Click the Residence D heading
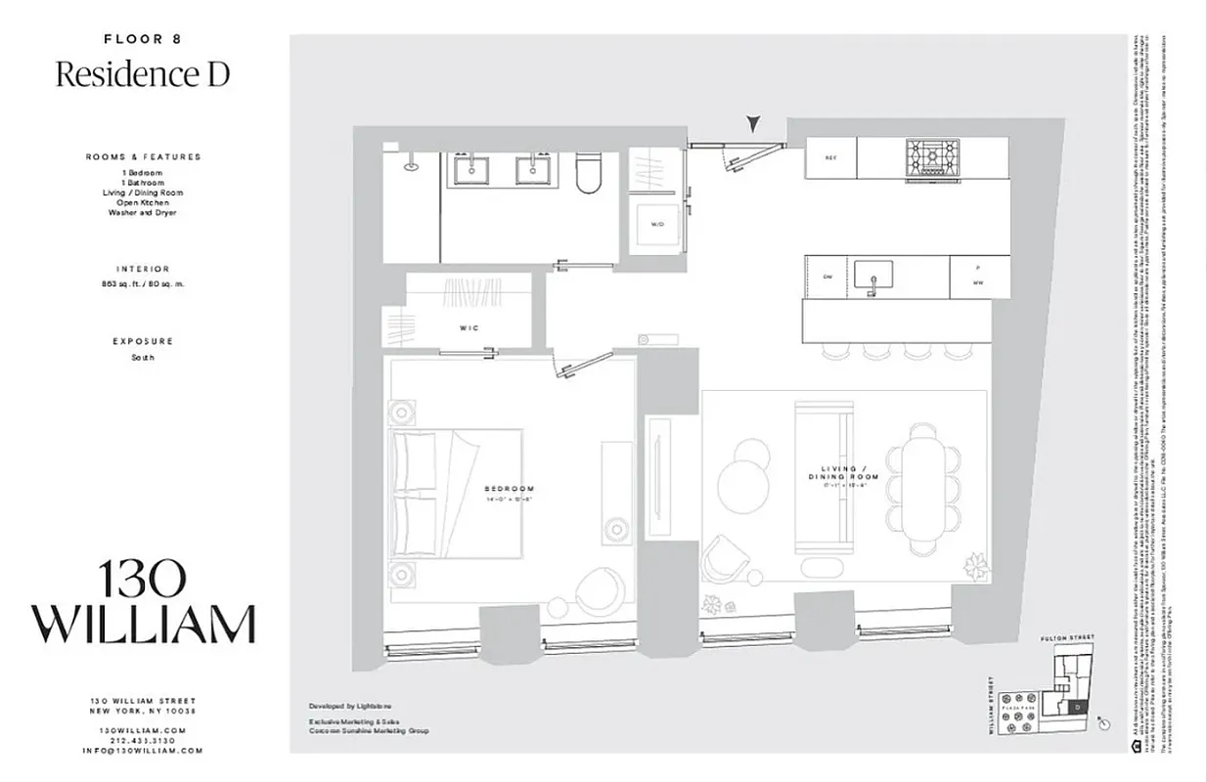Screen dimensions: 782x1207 click(143, 74)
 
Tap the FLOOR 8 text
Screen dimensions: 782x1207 click(143, 39)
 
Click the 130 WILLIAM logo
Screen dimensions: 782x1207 click(143, 602)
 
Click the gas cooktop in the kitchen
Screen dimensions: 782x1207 click(932, 157)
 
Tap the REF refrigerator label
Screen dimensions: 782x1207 click(830, 157)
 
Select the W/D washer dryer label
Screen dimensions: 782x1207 click(657, 225)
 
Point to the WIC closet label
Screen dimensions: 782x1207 click(468, 328)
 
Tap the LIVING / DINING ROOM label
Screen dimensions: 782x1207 click(843, 473)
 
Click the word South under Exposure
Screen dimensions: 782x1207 click(143, 358)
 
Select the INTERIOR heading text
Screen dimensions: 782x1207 click(143, 269)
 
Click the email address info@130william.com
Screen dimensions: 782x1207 click(143, 751)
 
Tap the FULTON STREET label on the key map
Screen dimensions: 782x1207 click(1067, 637)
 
